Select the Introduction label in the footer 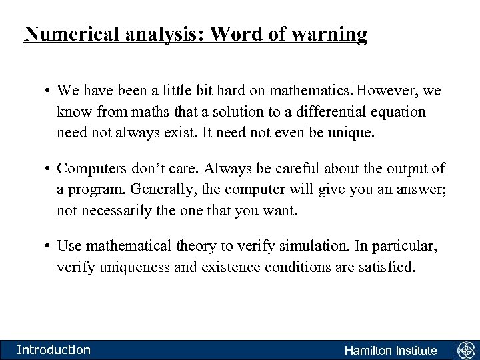pos(53,349)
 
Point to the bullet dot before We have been pos(49,89)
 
